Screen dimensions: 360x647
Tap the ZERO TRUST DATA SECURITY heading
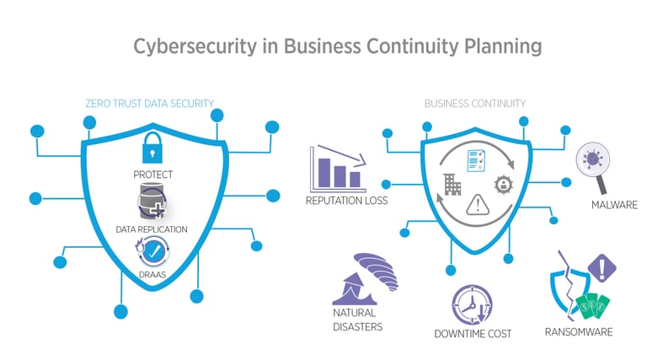point(150,104)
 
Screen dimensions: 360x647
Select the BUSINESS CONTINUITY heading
point(475,104)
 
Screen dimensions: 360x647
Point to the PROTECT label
point(152,175)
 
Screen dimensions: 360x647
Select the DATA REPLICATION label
point(152,229)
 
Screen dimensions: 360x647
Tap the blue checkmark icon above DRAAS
point(152,251)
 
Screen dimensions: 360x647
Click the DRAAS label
point(152,274)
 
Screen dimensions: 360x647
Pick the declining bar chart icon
point(336,168)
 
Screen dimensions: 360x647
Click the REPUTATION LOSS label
point(346,201)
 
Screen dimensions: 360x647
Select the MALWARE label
point(613,205)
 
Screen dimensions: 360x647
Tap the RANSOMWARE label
point(579,331)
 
